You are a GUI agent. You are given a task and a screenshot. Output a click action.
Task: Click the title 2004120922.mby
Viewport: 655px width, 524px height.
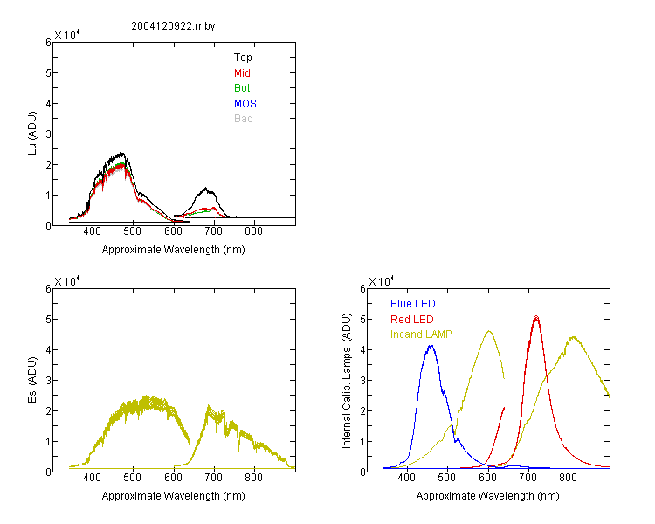(173, 26)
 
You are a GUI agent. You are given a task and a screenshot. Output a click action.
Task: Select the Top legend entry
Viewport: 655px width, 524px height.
(243, 58)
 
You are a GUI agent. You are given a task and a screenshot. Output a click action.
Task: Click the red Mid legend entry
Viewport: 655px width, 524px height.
(242, 73)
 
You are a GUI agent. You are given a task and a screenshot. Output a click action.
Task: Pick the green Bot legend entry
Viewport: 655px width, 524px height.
(242, 88)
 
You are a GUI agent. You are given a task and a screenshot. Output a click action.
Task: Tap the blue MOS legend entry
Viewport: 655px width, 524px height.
(245, 104)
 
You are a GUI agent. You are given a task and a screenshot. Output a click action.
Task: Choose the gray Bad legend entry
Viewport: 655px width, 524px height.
(243, 119)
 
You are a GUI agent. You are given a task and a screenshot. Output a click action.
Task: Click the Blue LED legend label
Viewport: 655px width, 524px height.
(413, 304)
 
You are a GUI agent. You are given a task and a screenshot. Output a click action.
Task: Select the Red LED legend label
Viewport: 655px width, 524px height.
(412, 320)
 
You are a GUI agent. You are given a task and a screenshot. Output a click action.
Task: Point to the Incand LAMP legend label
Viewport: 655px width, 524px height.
(421, 334)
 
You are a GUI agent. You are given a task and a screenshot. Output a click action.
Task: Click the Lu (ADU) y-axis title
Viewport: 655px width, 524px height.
(32, 133)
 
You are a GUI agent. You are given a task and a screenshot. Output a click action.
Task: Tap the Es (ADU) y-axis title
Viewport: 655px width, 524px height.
(32, 380)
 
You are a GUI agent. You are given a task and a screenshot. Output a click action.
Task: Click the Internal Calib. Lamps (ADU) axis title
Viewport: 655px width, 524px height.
(347, 381)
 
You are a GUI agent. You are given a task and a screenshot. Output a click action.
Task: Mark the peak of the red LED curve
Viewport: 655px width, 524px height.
(536, 317)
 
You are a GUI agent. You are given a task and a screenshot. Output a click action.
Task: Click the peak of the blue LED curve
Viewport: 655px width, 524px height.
(431, 346)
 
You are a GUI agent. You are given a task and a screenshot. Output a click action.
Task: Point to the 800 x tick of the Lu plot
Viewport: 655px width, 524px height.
(253, 231)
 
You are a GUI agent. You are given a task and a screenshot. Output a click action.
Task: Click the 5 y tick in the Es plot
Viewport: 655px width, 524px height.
(48, 320)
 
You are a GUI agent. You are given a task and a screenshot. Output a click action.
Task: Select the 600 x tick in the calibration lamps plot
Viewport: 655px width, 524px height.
(487, 478)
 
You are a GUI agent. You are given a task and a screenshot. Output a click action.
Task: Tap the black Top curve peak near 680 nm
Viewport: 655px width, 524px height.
(205, 189)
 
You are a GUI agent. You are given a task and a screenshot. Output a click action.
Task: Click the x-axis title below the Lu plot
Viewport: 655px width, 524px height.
(174, 250)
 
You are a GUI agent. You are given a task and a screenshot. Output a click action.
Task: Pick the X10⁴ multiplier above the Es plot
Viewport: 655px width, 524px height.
(67, 281)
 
